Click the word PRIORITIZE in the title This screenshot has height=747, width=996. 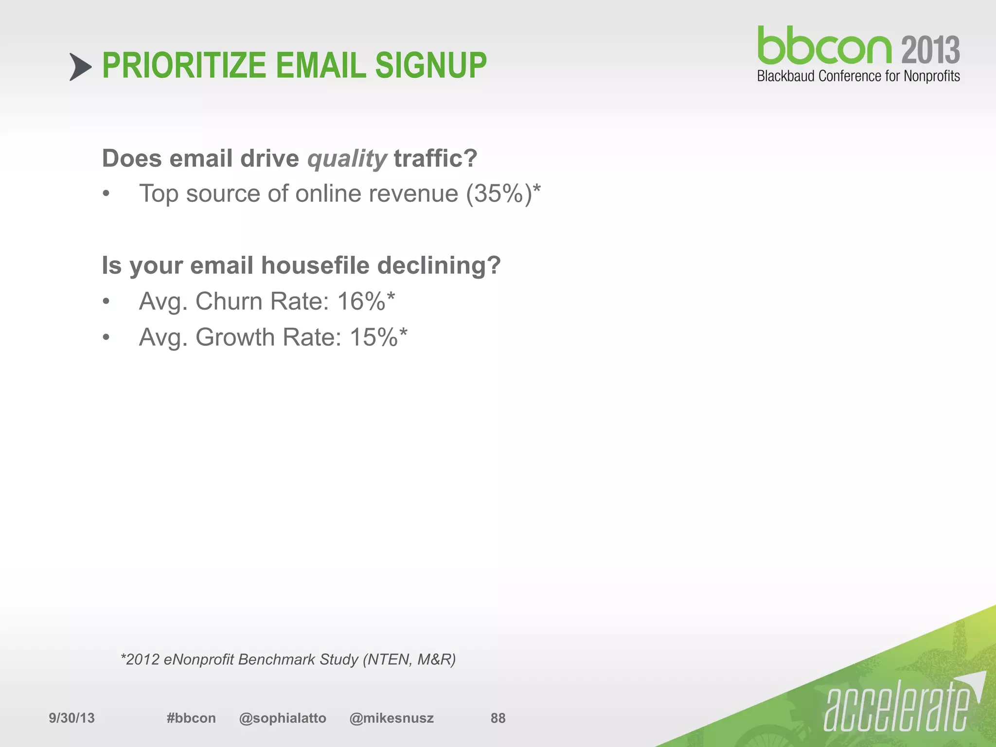click(x=184, y=66)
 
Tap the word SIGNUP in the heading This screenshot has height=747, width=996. click(x=430, y=66)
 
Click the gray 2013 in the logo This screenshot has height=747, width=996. click(x=930, y=51)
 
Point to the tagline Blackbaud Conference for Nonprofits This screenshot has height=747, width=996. click(x=858, y=76)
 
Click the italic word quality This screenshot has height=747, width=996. click(x=347, y=159)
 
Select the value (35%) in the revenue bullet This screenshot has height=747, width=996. click(x=499, y=194)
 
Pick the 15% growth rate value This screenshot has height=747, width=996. click(x=373, y=337)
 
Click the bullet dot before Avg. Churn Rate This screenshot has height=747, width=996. click(x=107, y=302)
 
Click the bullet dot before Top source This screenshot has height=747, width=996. click(x=107, y=195)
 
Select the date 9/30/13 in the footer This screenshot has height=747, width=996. click(x=71, y=718)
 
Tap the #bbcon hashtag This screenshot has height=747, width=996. click(x=191, y=718)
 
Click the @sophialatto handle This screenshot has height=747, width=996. click(x=283, y=718)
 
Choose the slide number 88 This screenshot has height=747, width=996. click(x=498, y=718)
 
